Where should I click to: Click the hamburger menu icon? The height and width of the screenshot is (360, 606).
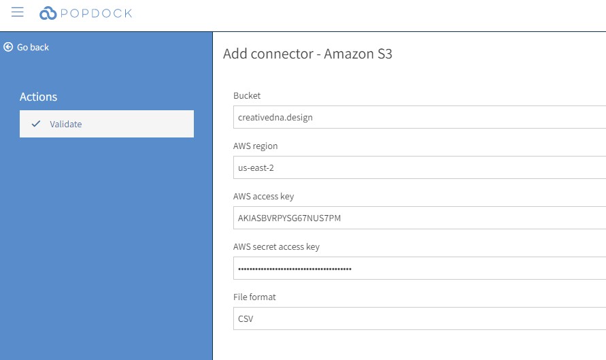tap(18, 12)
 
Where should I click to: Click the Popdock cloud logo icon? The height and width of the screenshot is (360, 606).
tap(48, 13)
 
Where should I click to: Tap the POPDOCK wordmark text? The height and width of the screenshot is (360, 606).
tap(96, 14)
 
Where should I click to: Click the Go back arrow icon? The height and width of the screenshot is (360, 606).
tap(8, 47)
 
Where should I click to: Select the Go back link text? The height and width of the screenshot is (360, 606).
tap(33, 47)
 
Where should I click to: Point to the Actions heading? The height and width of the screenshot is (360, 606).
tap(38, 97)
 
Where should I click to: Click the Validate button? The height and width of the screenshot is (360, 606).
tap(107, 124)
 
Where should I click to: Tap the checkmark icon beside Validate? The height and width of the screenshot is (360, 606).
tap(36, 124)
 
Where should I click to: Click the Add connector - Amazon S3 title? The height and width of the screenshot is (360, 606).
tap(307, 54)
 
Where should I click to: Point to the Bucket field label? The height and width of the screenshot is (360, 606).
tap(247, 95)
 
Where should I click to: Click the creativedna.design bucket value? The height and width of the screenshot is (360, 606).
tap(275, 118)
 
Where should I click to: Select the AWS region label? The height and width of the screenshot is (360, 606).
tap(255, 146)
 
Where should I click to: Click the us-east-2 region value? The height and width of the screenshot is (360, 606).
tap(256, 168)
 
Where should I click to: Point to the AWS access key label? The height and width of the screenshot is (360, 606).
tap(264, 197)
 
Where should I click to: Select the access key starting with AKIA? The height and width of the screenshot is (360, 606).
tap(290, 218)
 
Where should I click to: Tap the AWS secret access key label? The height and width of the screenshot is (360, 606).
tap(276, 247)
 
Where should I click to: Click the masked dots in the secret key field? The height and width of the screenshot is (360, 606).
tap(294, 269)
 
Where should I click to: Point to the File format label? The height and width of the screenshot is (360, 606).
tap(254, 297)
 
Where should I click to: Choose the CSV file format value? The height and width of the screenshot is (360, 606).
tap(246, 318)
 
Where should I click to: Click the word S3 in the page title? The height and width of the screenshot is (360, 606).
tap(384, 54)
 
